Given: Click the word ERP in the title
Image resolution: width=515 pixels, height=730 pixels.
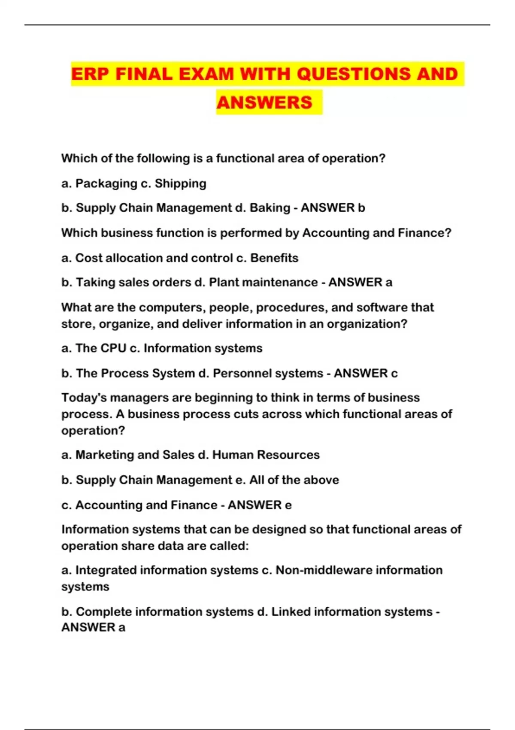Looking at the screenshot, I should click(90, 74).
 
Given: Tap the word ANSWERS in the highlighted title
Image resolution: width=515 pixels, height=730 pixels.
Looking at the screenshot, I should click(264, 103).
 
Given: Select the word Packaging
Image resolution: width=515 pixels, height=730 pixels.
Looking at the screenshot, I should click(106, 184).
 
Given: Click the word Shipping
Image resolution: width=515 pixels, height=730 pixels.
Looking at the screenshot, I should click(180, 184).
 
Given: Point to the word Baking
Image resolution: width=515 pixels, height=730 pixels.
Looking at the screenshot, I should click(270, 208).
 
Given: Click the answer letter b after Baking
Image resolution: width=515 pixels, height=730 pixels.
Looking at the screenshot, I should click(361, 208).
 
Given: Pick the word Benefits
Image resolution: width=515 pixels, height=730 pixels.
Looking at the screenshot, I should click(274, 258).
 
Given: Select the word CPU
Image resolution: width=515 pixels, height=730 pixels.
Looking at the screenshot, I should click(113, 348).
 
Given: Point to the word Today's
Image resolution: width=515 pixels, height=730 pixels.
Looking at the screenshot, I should click(84, 398).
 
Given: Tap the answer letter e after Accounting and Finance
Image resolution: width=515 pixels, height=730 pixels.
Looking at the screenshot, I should click(288, 505).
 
